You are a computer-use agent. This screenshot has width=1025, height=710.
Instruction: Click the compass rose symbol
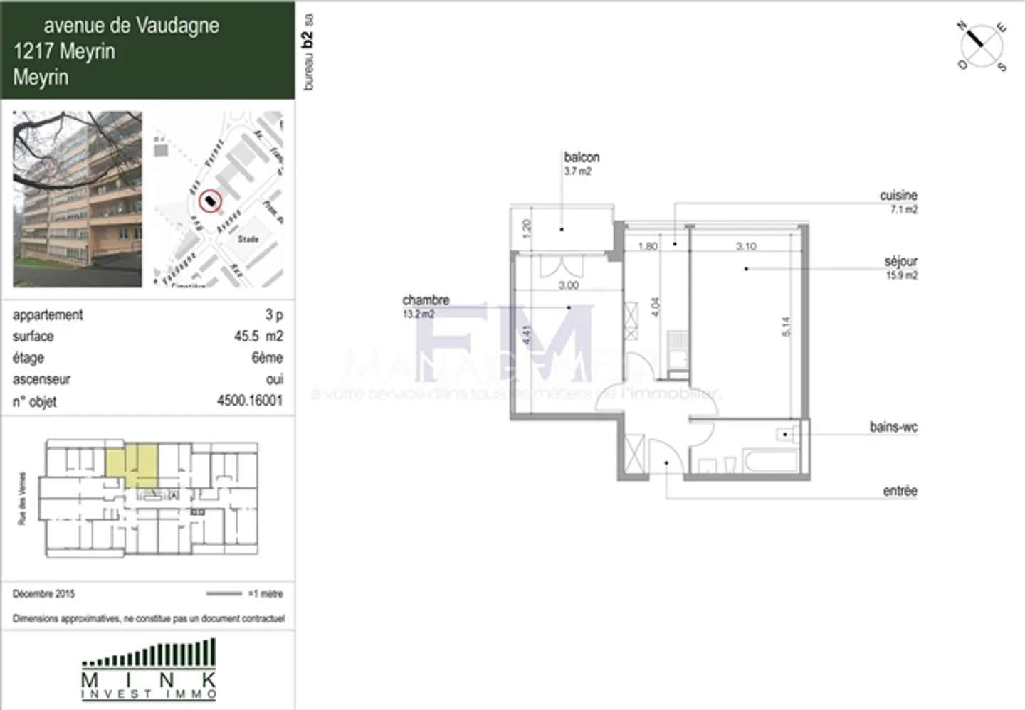982,46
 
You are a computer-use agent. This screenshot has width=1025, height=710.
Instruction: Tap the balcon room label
582,157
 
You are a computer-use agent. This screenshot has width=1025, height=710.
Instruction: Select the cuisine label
898,196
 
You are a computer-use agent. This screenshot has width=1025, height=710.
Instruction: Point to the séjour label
900,262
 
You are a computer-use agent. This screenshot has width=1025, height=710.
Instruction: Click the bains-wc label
893,427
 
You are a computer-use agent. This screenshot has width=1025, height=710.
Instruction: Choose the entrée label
900,491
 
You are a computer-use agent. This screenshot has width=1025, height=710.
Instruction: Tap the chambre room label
426,300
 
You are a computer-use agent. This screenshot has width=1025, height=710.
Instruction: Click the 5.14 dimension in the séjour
786,327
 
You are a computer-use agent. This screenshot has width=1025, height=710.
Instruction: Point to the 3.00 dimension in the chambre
568,285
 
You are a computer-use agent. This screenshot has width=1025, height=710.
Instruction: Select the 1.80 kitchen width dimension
648,247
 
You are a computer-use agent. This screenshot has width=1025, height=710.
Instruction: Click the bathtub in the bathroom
770,460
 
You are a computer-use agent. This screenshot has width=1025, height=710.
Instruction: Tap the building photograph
77,199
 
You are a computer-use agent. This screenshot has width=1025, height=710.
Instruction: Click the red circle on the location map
210,202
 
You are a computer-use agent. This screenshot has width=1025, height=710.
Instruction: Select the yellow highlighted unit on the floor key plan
132,463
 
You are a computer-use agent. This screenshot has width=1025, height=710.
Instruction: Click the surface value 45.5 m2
258,336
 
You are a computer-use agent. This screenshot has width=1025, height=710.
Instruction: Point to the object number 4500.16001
249,401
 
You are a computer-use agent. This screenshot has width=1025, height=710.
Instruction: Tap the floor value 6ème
267,357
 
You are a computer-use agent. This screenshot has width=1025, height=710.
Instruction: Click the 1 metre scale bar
224,593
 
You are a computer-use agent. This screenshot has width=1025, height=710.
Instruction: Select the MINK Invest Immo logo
148,669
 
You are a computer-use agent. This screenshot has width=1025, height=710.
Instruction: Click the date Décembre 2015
43,593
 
